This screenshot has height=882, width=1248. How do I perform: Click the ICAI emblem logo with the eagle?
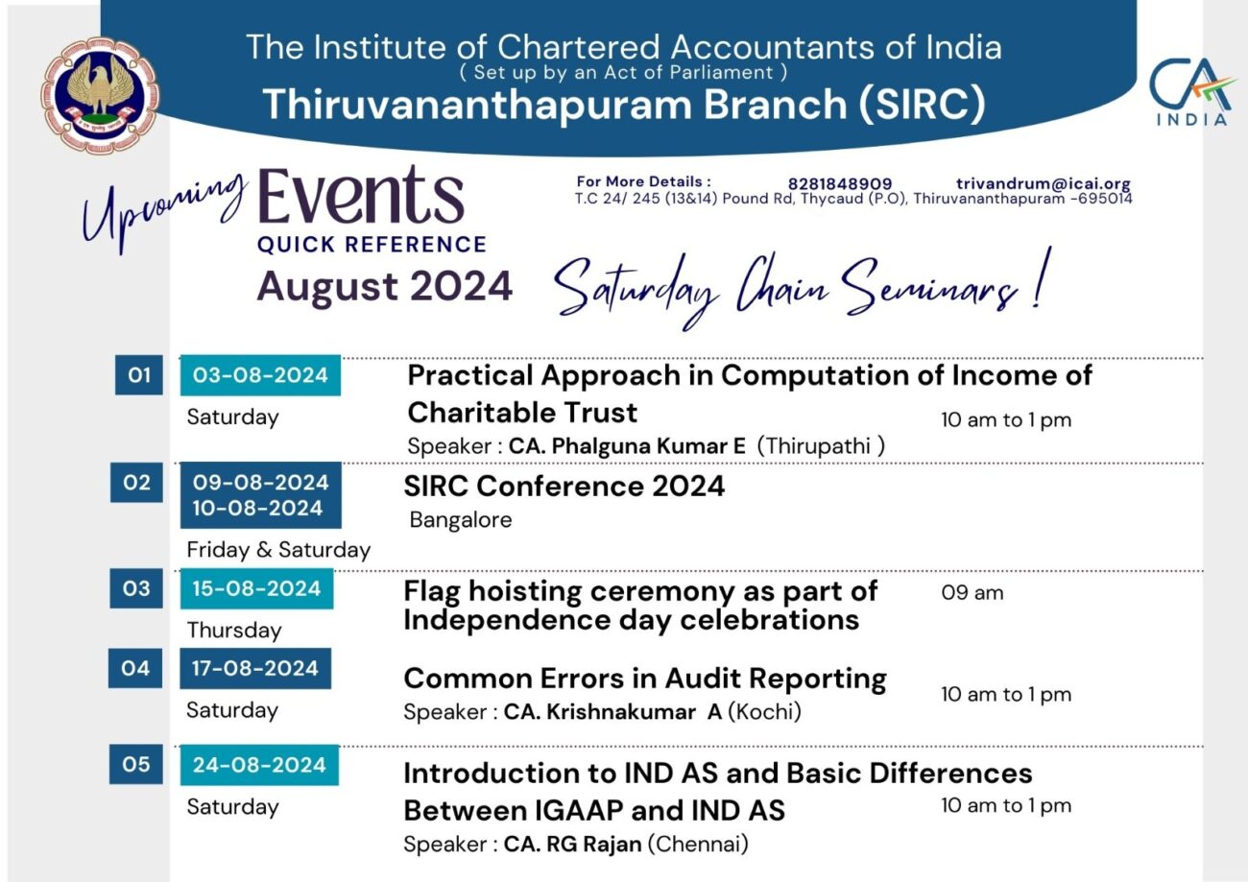click(100, 96)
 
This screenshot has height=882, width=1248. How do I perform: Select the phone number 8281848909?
click(840, 184)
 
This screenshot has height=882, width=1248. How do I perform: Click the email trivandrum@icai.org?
click(1043, 184)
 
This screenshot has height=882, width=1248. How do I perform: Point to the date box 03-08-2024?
click(260, 375)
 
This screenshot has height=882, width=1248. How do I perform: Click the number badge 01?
click(139, 375)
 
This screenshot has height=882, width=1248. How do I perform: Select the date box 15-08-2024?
click(256, 588)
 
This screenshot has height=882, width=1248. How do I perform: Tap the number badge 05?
click(135, 765)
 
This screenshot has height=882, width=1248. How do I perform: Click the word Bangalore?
click(461, 520)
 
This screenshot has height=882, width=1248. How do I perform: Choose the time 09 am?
click(972, 593)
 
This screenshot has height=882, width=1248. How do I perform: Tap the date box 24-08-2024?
click(259, 765)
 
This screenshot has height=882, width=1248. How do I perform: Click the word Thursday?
click(234, 631)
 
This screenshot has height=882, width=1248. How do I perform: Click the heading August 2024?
click(385, 286)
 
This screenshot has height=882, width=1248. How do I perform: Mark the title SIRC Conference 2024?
click(564, 487)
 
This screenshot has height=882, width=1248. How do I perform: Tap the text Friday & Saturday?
click(278, 550)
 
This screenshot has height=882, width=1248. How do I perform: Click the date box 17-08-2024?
click(254, 668)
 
